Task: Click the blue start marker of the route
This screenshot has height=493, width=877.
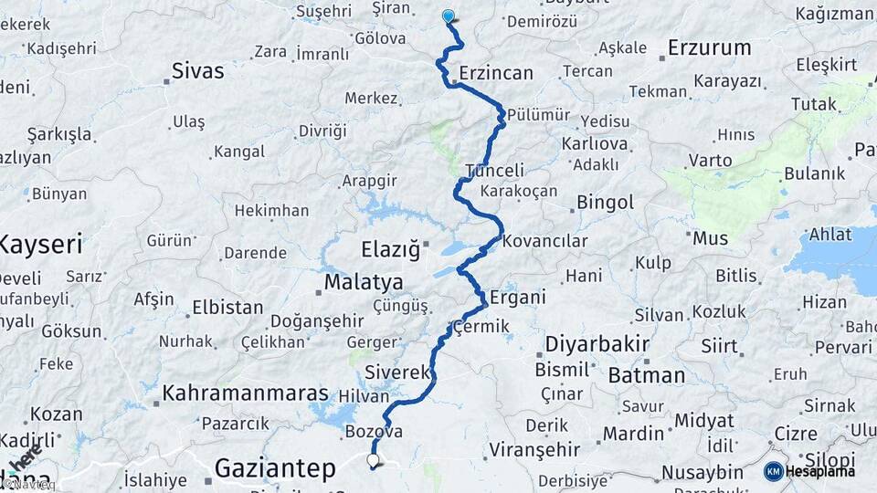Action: coord(448,16)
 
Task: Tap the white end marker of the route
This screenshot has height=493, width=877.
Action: coord(373,461)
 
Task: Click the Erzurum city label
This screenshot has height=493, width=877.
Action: coord(709,47)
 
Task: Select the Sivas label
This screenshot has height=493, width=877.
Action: coord(197,70)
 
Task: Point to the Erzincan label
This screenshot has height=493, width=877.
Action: coord(496,71)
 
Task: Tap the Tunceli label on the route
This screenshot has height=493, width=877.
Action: coord(495,170)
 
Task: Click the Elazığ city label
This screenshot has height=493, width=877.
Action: coord(389,248)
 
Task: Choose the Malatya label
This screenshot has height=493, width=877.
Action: coord(364,281)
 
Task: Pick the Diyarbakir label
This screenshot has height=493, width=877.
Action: coord(597,344)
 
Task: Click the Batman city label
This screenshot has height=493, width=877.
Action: coord(646,375)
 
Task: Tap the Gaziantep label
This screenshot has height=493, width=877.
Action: coord(275,469)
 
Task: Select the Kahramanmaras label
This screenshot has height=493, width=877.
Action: coord(245,393)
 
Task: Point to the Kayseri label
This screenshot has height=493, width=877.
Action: coord(40,244)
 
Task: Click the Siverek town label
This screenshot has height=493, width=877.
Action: coord(396,372)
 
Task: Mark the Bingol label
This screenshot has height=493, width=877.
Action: coord(606,201)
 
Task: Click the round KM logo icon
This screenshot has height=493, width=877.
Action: coord(773,471)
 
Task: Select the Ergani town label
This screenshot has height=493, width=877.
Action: coord(518,297)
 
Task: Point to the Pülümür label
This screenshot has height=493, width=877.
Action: coord(538,115)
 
